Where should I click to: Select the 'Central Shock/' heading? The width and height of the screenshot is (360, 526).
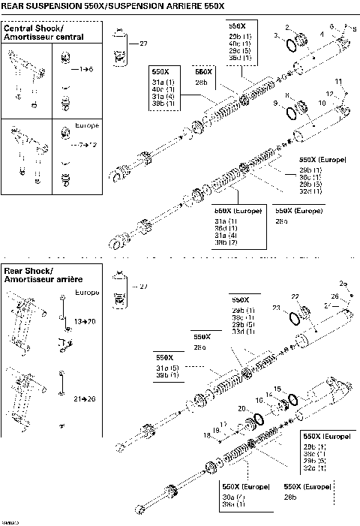(32, 28)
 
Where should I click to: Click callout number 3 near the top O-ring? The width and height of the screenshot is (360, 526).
(277, 36)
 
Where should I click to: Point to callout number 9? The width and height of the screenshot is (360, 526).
(277, 103)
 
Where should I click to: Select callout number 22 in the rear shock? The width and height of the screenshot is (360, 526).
(295, 296)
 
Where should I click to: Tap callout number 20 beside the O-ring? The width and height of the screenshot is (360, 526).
(242, 408)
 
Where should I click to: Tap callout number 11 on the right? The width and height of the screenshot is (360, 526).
(338, 81)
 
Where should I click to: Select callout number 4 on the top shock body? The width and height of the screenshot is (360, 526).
(322, 33)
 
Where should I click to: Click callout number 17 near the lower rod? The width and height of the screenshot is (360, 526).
(223, 424)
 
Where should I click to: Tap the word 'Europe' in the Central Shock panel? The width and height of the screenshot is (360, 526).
(88, 125)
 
